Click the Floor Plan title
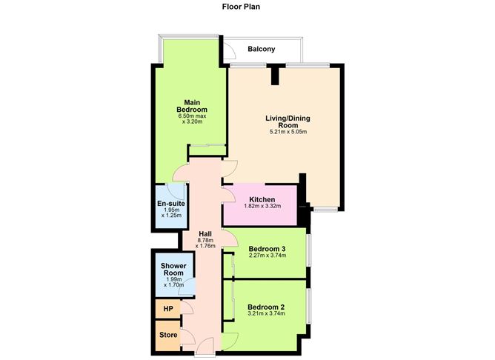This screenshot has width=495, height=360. (242, 7)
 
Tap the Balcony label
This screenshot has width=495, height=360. (262, 50)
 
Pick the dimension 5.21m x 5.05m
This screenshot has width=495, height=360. (288, 132)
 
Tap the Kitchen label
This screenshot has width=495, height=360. (262, 199)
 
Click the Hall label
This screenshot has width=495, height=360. (205, 233)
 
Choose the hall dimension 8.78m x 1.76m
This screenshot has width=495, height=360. (205, 244)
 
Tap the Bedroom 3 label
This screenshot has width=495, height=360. (267, 248)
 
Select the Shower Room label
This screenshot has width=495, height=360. (174, 269)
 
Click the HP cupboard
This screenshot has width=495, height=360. (167, 308)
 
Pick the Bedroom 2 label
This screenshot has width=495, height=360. (267, 307)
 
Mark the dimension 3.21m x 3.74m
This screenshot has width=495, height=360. (267, 315)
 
